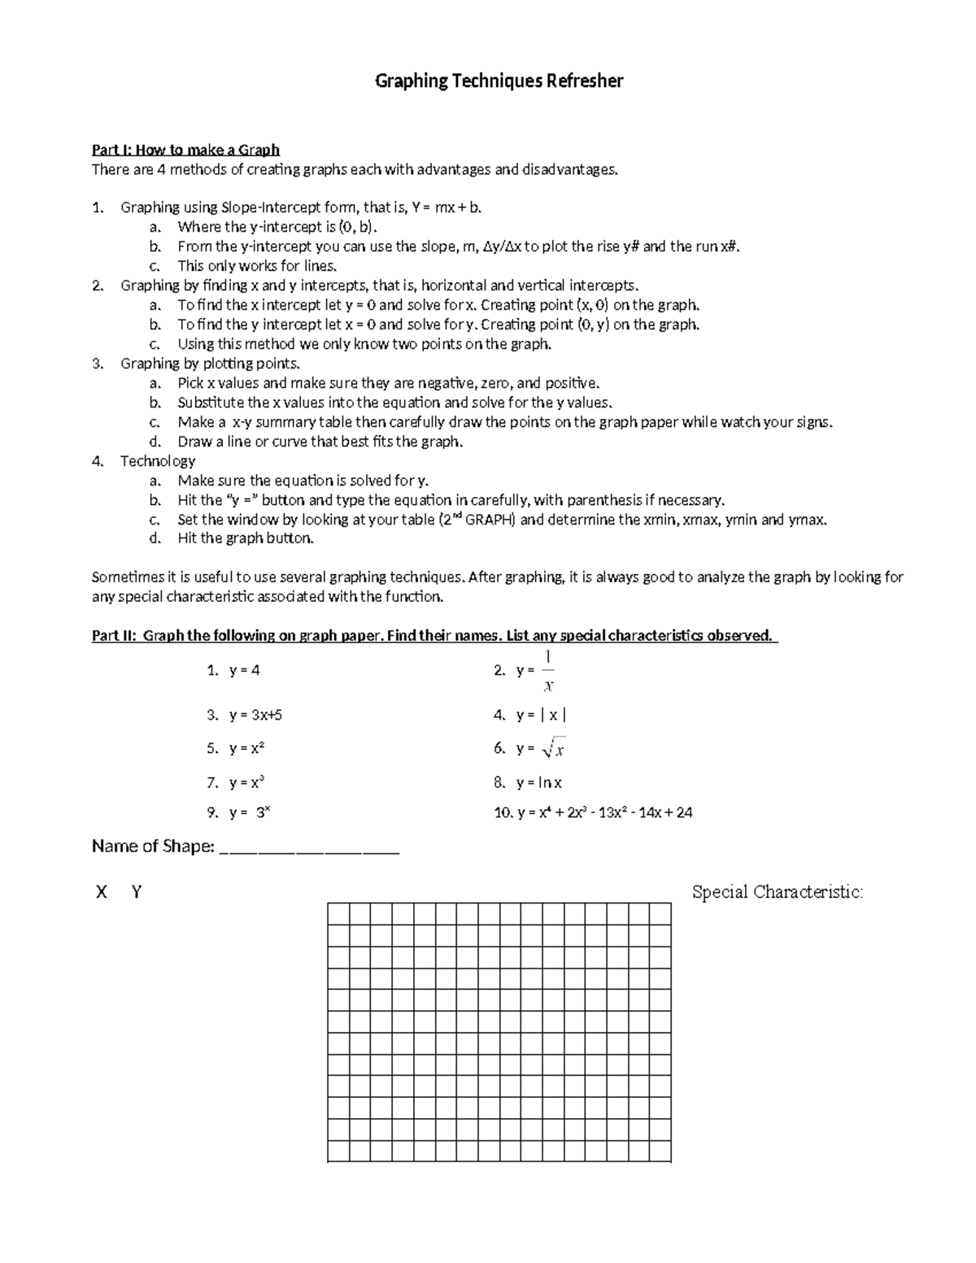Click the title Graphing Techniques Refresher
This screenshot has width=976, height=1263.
click(x=499, y=81)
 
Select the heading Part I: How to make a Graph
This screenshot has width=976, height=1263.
click(x=185, y=150)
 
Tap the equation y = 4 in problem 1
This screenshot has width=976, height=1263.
click(x=244, y=670)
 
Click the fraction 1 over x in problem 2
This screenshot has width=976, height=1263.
click(x=548, y=670)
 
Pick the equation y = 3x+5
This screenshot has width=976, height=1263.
click(x=255, y=715)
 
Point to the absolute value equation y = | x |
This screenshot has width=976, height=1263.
click(x=541, y=715)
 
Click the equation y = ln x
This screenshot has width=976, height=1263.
click(x=538, y=782)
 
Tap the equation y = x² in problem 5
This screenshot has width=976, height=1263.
click(x=246, y=748)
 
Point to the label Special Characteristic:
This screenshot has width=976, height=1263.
click(x=777, y=892)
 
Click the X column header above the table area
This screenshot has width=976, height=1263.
click(x=102, y=892)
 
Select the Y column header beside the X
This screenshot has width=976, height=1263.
click(x=137, y=892)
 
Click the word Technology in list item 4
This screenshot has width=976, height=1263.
click(x=158, y=461)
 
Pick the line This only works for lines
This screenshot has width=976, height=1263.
click(x=256, y=266)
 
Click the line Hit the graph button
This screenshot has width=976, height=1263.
click(x=246, y=538)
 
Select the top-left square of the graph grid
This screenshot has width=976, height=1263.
click(x=338, y=913)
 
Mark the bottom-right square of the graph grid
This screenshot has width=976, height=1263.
click(x=660, y=1152)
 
